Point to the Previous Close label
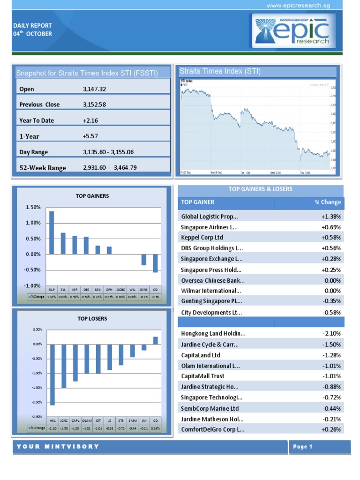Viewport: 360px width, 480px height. click(x=39, y=105)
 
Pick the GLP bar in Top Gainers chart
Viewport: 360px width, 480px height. click(x=52, y=232)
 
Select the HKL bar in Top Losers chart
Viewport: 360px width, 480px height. click(x=52, y=375)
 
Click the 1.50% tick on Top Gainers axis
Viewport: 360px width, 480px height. click(x=33, y=207)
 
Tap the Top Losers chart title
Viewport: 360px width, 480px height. click(x=92, y=319)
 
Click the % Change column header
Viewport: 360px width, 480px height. click(x=328, y=202)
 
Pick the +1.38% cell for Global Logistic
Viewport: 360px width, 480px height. click(x=331, y=217)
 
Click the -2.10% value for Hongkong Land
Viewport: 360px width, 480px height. click(x=331, y=334)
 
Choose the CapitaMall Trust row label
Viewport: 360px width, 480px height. click(x=202, y=376)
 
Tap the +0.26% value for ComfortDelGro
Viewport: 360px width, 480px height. click(x=331, y=429)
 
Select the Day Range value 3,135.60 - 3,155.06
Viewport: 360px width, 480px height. click(x=108, y=152)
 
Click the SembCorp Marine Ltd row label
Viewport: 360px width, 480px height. click(x=210, y=408)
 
